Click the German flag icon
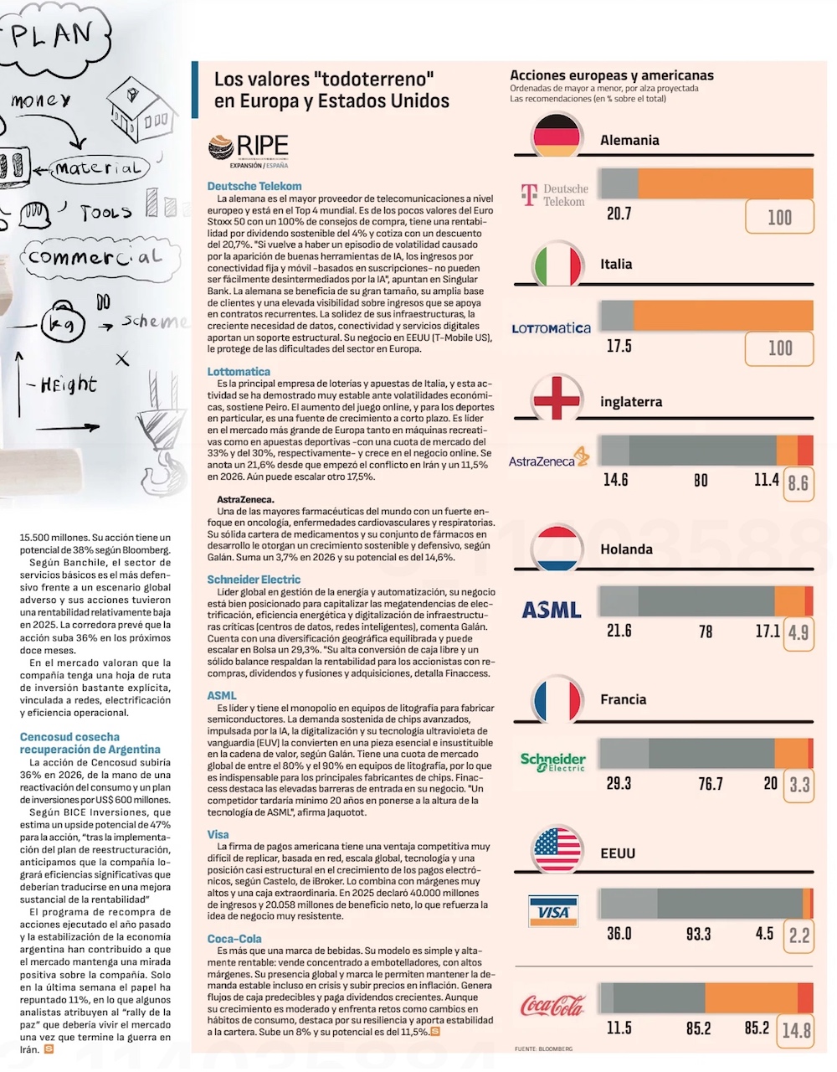coord(557,135)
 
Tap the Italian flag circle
coord(557,265)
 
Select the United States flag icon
coord(557,850)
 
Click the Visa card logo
coord(553,910)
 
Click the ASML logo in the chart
coord(551,610)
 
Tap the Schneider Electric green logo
coord(553,762)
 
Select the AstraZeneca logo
coord(549,457)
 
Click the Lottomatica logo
coord(551,328)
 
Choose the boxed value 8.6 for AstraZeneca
coord(798,483)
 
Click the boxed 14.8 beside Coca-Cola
coord(796,1031)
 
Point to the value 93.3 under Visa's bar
coord(699,934)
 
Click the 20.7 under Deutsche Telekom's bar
coord(619,214)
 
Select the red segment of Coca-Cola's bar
coord(805,997)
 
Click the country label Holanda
coord(626,549)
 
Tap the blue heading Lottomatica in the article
coord(239,372)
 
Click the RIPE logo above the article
coord(248,151)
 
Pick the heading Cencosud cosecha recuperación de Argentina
coord(90,743)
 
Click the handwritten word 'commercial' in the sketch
coord(95,257)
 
